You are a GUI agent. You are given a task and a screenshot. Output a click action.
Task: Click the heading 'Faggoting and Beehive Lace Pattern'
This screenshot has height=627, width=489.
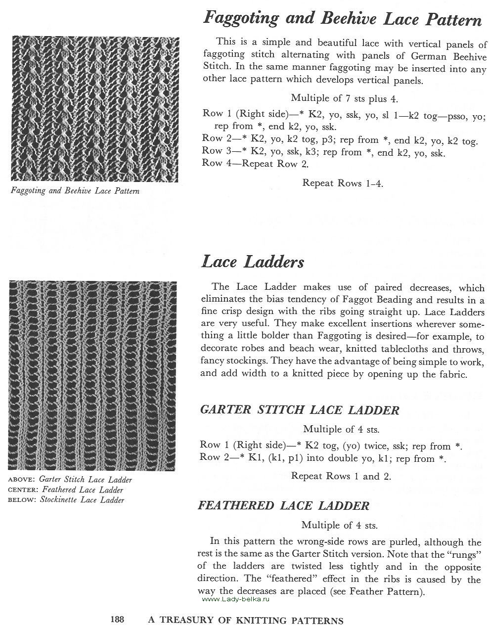(342, 19)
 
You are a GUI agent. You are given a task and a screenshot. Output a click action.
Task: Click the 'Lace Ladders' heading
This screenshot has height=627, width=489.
(253, 262)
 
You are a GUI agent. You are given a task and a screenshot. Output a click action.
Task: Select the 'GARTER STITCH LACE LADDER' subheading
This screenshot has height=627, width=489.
(299, 410)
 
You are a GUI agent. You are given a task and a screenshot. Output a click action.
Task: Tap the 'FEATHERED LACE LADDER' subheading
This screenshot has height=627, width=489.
(283, 505)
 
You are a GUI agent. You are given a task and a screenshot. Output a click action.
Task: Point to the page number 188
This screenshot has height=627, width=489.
(117, 620)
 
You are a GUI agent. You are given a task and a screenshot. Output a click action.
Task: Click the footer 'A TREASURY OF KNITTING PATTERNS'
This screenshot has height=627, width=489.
(246, 620)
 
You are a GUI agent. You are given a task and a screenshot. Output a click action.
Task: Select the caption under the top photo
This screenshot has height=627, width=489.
(75, 191)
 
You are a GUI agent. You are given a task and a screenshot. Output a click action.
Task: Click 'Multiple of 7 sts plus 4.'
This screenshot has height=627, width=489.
(344, 98)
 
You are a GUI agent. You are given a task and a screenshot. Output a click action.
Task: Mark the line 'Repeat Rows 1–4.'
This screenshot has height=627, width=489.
(343, 183)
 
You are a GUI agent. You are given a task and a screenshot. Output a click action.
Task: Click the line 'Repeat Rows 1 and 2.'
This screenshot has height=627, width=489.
(341, 476)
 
